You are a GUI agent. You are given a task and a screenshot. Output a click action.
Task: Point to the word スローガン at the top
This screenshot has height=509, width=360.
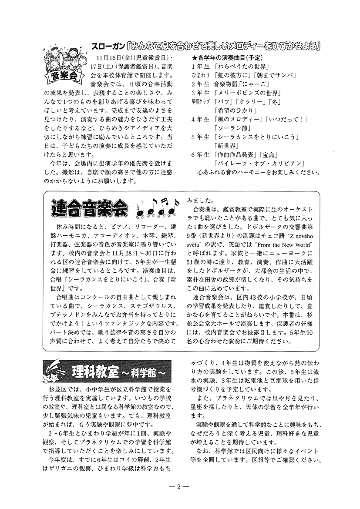point(108,45)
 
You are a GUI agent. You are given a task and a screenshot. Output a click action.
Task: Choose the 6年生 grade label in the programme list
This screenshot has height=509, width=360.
point(201,154)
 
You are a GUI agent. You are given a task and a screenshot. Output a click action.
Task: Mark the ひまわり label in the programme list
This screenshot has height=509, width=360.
point(200,76)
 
